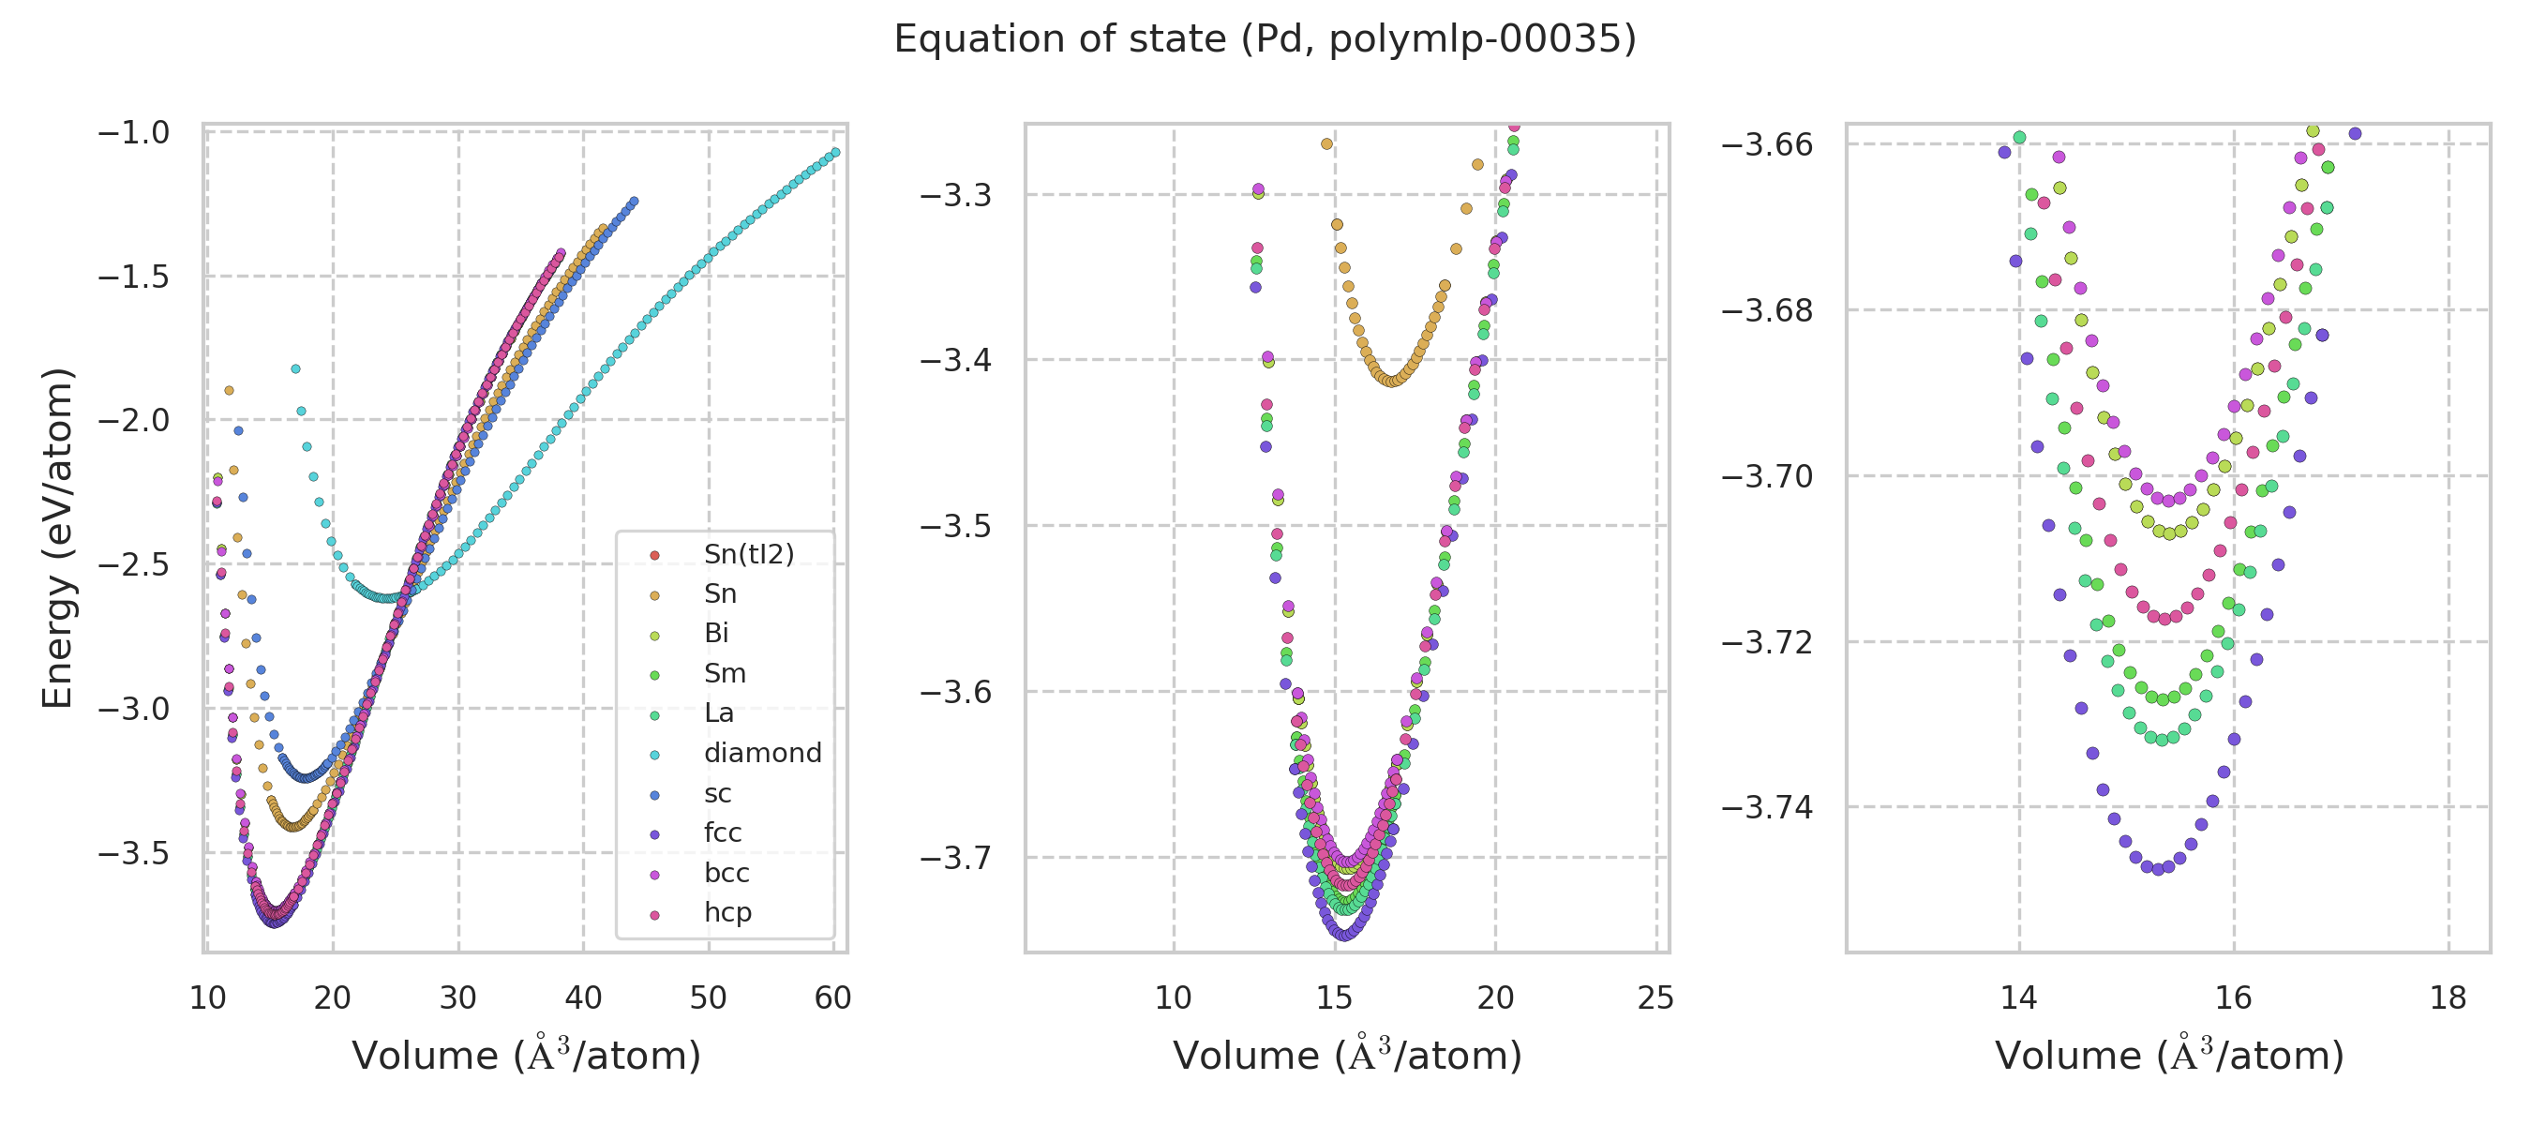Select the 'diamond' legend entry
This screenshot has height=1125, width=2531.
pyautogui.click(x=762, y=754)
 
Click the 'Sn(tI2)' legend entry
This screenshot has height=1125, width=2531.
pyautogui.click(x=749, y=555)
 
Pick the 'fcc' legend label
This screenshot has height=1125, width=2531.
pyautogui.click(x=722, y=833)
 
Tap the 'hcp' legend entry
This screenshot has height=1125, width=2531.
pyautogui.click(x=727, y=913)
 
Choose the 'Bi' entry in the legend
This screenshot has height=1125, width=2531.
pyautogui.click(x=716, y=634)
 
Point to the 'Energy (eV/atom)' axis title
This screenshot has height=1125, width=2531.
pyautogui.click(x=57, y=537)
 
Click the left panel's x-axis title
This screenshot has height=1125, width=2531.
pyautogui.click(x=527, y=1056)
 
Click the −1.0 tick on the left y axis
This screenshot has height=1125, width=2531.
pyautogui.click(x=134, y=132)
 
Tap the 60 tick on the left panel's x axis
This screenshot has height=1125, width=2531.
pyautogui.click(x=833, y=998)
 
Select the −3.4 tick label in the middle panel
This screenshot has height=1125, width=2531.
pyautogui.click(x=955, y=361)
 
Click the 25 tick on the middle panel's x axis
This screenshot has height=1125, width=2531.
pyautogui.click(x=1656, y=998)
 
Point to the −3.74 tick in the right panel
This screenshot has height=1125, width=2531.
pyautogui.click(x=1767, y=807)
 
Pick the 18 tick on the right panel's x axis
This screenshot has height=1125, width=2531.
pyautogui.click(x=2448, y=998)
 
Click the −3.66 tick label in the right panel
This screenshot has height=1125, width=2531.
pyautogui.click(x=1767, y=144)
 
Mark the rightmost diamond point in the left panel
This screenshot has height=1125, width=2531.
pyautogui.click(x=836, y=152)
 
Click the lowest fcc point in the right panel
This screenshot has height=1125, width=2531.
pyautogui.click(x=2159, y=870)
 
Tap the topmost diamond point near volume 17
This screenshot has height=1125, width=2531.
pyautogui.click(x=295, y=369)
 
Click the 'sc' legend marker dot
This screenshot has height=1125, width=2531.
pyautogui.click(x=655, y=795)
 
